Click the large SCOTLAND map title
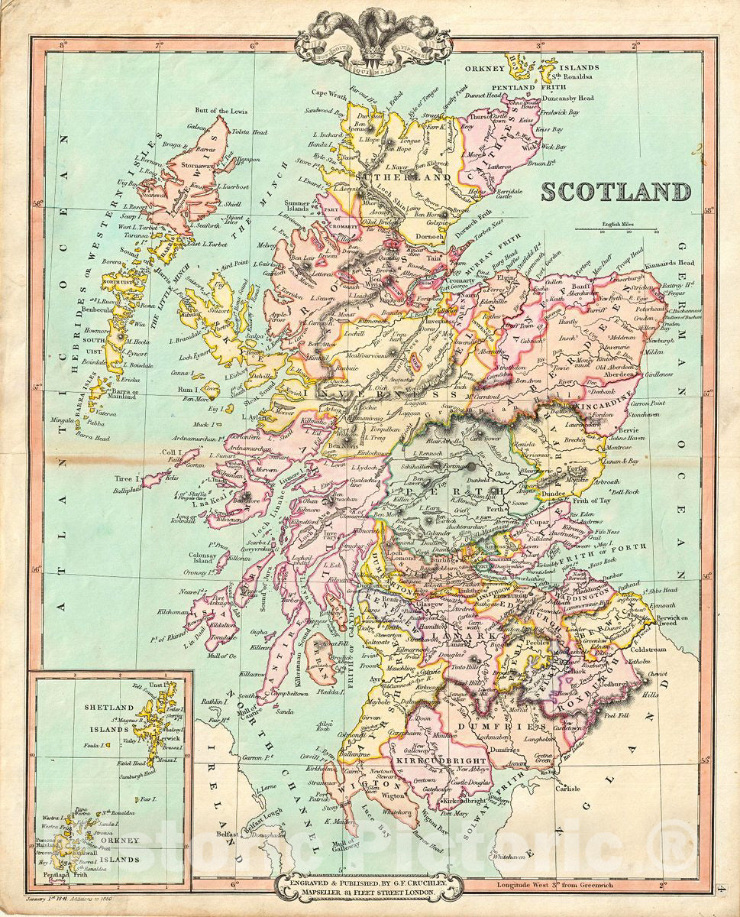pos(616,191)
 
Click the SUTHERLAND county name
pos(390,177)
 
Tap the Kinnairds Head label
pos(682,263)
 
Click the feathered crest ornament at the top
pos(373,31)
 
